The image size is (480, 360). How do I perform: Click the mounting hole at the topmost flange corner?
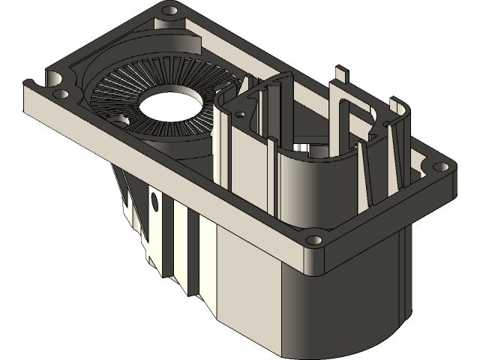(169, 10)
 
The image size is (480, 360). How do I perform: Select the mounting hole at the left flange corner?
(60, 94)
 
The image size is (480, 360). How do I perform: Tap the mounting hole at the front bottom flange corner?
(314, 241)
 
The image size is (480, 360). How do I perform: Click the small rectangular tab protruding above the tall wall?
(342, 73)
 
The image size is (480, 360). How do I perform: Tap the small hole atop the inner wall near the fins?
(240, 115)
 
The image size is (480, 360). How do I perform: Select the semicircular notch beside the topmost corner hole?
(159, 22)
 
